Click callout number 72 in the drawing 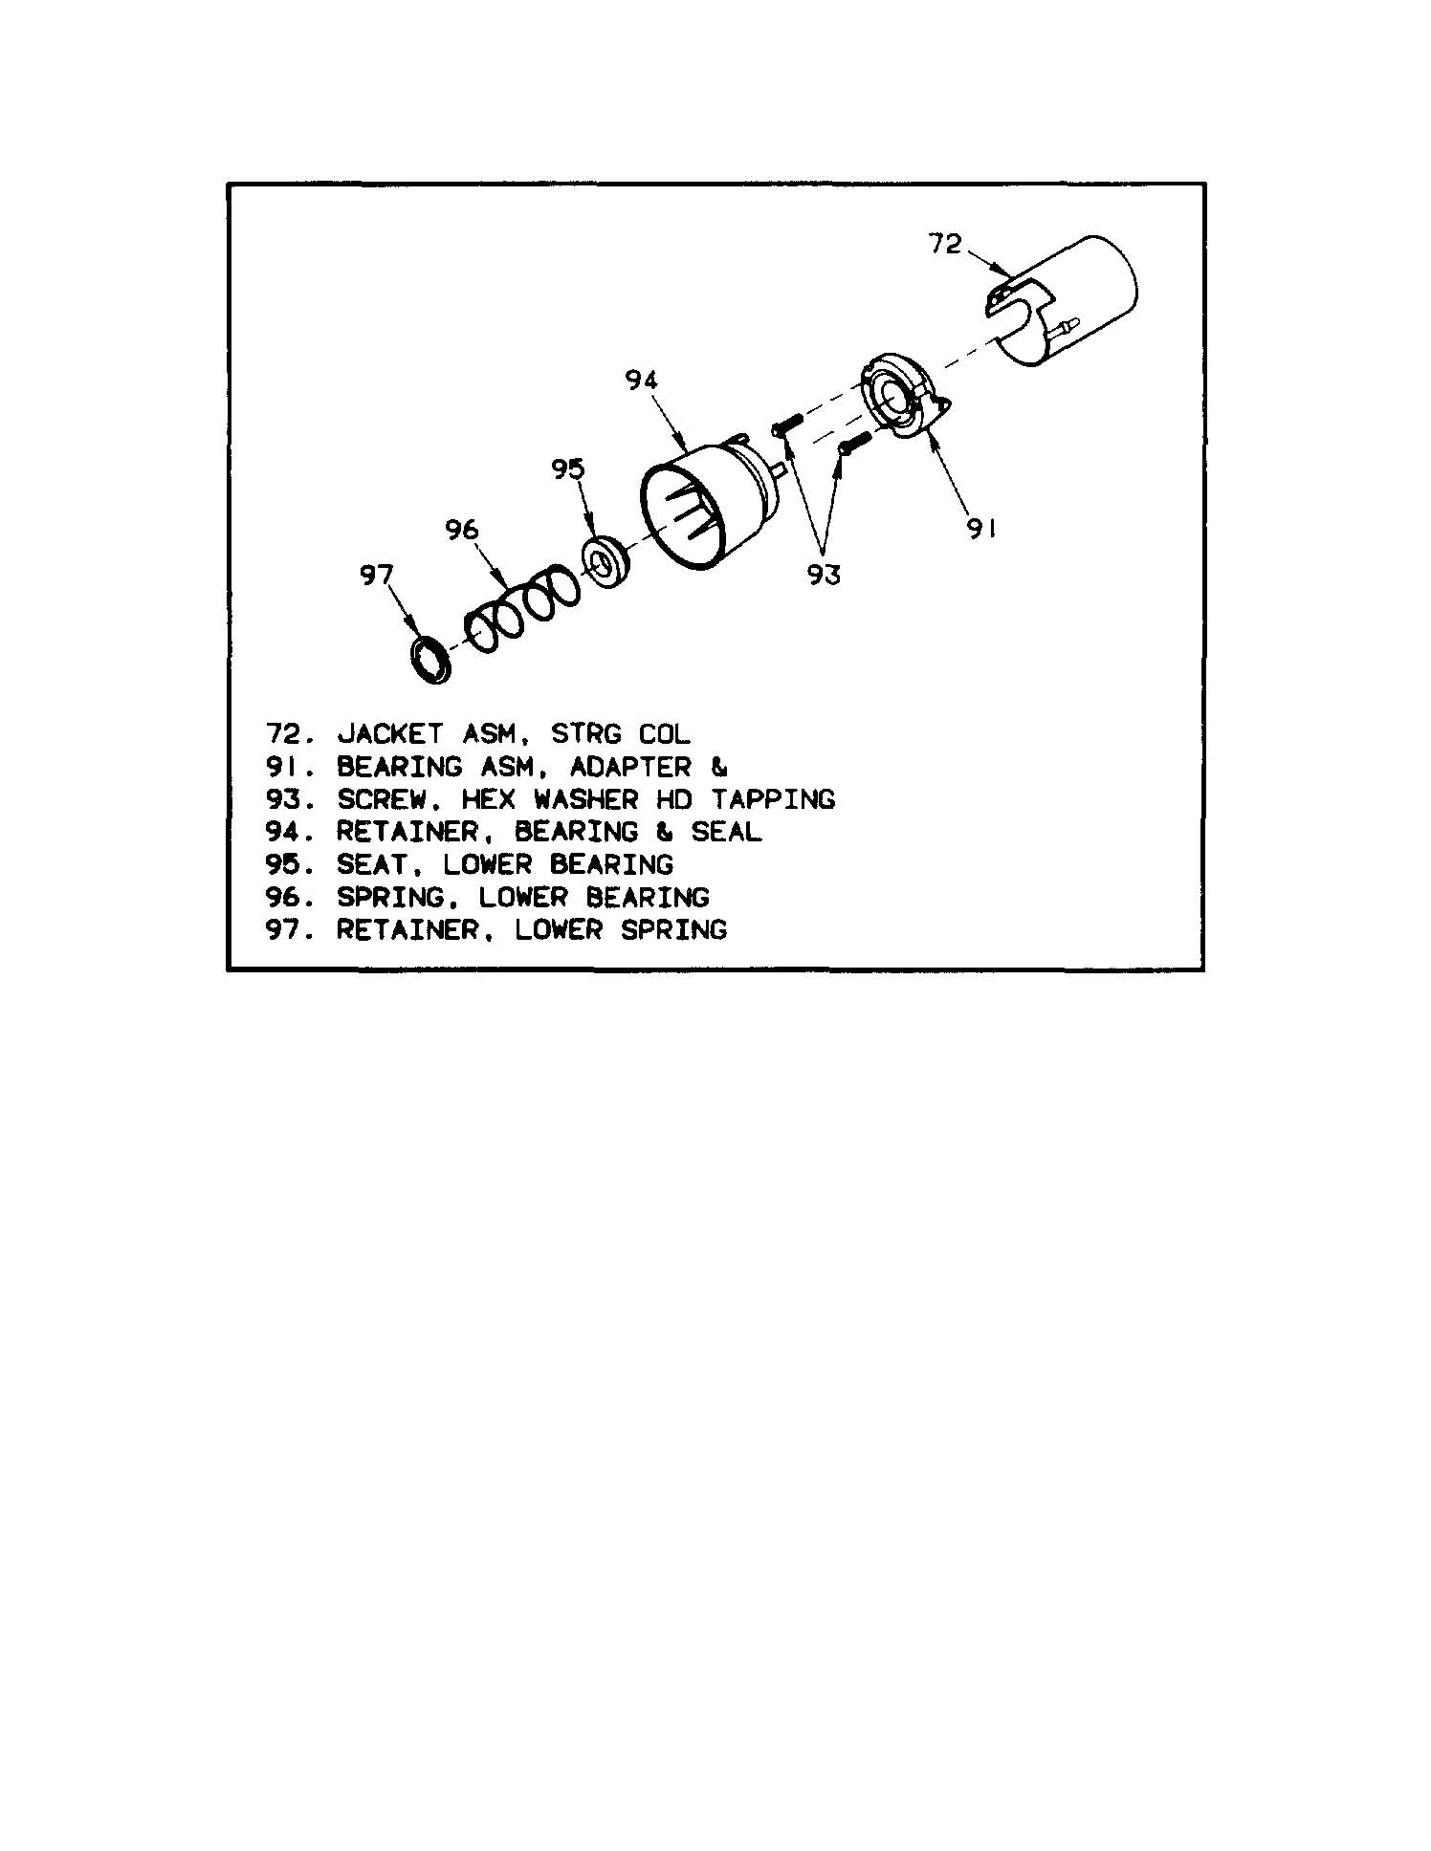pos(944,245)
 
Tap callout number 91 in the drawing pos(981,529)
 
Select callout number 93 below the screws pos(823,574)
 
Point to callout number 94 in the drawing pos(642,381)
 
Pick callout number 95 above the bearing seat pos(567,468)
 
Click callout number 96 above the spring pos(461,529)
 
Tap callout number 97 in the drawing pos(376,575)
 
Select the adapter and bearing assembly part pos(904,399)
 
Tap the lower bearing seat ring pos(605,563)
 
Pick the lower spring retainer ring pos(431,659)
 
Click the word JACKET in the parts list pos(389,734)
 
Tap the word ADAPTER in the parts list pos(630,767)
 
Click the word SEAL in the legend pos(726,832)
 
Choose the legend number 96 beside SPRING pos(284,897)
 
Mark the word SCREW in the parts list pos(381,799)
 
